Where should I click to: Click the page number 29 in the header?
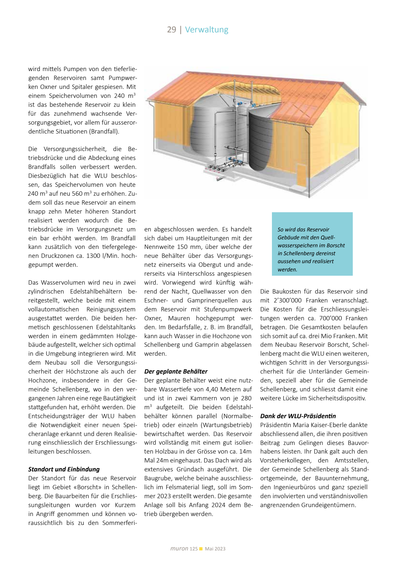coord(172,30)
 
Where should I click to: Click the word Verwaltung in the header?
coord(207,30)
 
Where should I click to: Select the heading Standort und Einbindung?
coord(64,469)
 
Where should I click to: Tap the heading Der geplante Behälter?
coord(176,371)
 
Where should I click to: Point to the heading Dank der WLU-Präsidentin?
coord(298,416)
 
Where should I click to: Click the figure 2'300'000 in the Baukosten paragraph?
coord(287,300)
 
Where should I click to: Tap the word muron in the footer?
coord(179,548)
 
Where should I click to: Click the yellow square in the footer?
coord(201,549)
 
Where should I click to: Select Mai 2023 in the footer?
coord(215,549)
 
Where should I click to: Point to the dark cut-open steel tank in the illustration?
coord(261,139)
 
